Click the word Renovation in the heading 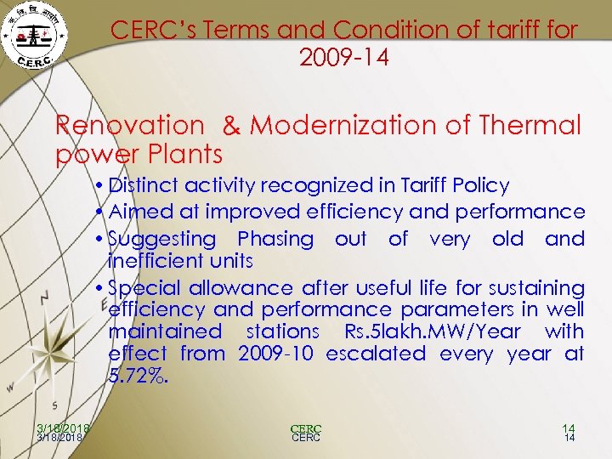click(130, 126)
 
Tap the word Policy click(479, 186)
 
